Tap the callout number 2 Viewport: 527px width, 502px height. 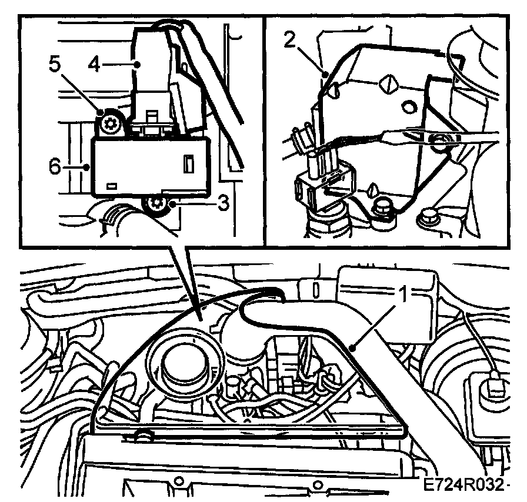(288, 40)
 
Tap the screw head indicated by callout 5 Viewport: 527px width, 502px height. (109, 123)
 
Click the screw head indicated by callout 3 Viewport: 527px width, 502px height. (156, 205)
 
